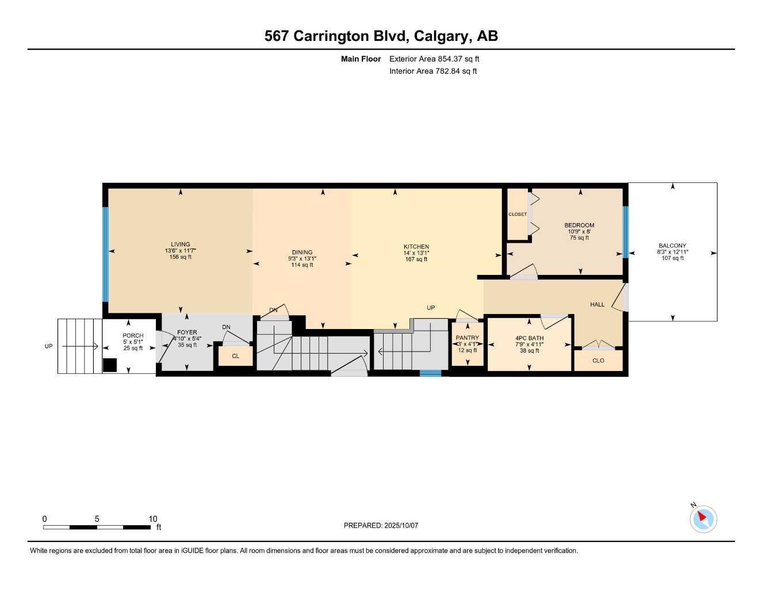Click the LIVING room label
coord(180,244)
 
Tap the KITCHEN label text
coord(416,246)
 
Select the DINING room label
coord(302,252)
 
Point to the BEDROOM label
coord(579,225)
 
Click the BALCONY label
coord(672,246)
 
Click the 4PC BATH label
coord(529,338)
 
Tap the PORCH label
coord(133,335)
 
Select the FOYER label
coord(187,332)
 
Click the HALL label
coord(597,304)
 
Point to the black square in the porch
coord(110,365)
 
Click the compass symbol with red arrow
coord(703,519)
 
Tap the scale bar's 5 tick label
coord(97,518)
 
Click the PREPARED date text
coord(381,525)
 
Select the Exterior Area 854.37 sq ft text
coord(434,59)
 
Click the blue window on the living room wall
coord(105,254)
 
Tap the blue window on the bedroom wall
coord(625,232)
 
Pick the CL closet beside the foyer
coord(235,356)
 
